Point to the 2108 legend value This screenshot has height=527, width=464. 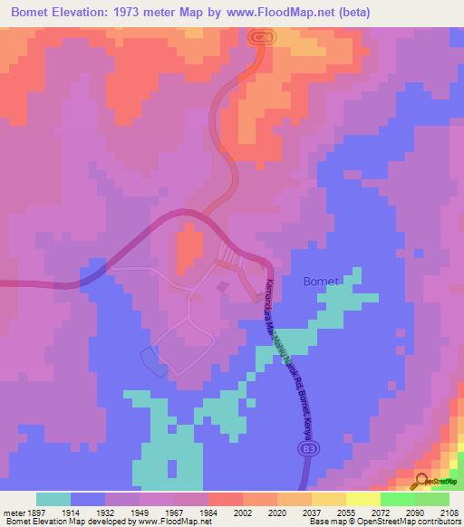point(449,512)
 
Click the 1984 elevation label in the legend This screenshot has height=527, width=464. point(208,512)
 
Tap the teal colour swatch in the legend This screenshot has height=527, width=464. point(53,499)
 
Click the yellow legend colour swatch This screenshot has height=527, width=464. point(362,499)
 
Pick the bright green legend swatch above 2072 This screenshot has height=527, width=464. point(397,499)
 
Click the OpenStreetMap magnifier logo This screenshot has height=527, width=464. point(420,480)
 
